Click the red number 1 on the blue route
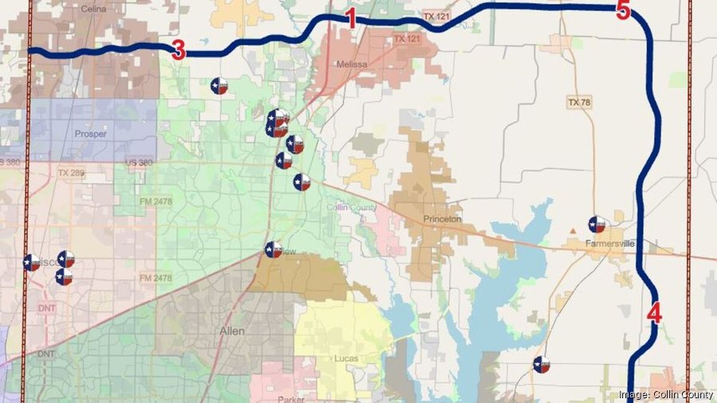(x=351, y=19)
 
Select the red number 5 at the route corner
(x=623, y=11)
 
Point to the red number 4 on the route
(x=654, y=313)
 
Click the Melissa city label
(x=352, y=65)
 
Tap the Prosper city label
(x=89, y=134)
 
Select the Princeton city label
(x=443, y=219)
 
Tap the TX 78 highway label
(x=579, y=103)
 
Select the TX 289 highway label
(x=70, y=172)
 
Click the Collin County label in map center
(x=352, y=207)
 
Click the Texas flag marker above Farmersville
(x=597, y=225)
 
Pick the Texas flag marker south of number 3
(x=219, y=85)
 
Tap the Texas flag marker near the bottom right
(x=541, y=365)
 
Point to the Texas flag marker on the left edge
(x=32, y=262)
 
